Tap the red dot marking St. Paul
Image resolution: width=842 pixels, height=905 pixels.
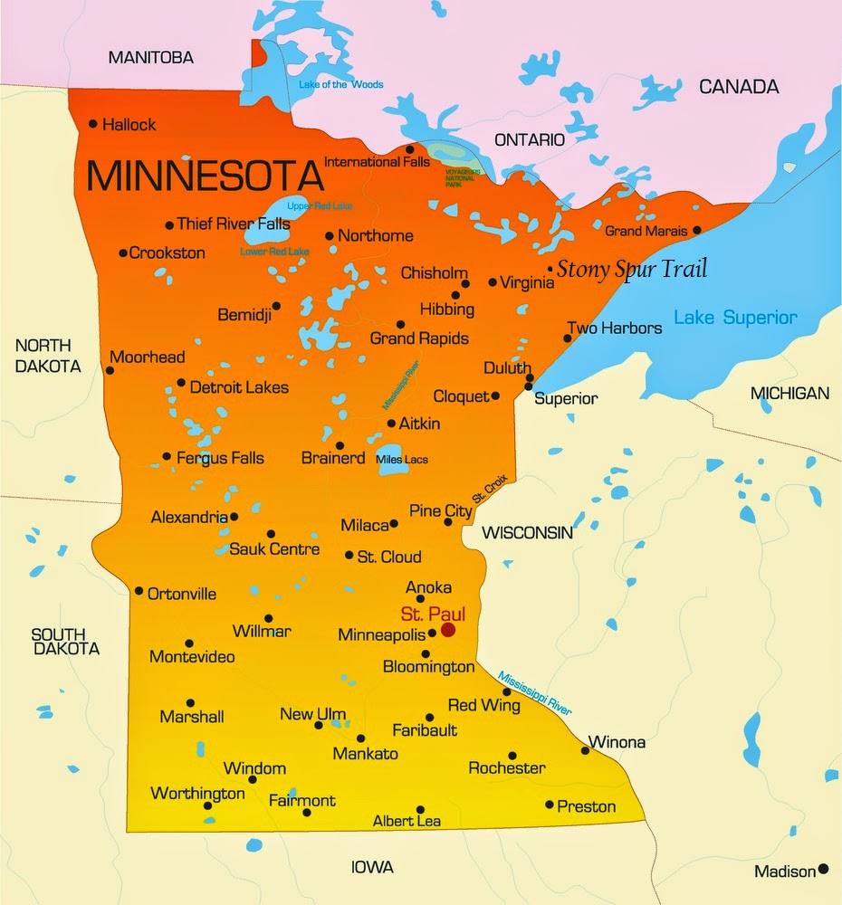point(447,629)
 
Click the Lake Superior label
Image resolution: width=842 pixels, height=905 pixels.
point(735,318)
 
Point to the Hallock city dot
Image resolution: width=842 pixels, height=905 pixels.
point(92,124)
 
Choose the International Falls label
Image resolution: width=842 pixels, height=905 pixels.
point(376,162)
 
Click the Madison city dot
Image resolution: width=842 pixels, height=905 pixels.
point(823,869)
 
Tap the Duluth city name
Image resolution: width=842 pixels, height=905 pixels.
point(507,368)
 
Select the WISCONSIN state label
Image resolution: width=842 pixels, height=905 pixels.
point(527,532)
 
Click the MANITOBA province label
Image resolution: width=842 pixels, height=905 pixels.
point(151,58)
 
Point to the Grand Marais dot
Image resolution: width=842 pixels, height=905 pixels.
point(696,231)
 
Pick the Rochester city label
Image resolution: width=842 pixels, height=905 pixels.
point(506,768)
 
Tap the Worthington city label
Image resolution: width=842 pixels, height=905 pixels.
point(197,794)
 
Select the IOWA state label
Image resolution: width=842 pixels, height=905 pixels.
point(372,867)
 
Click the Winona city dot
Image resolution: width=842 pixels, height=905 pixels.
point(585,750)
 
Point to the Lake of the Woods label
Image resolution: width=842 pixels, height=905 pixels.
point(341,85)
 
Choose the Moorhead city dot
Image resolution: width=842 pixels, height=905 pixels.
point(110,369)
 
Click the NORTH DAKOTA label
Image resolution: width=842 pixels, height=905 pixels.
point(47,356)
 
